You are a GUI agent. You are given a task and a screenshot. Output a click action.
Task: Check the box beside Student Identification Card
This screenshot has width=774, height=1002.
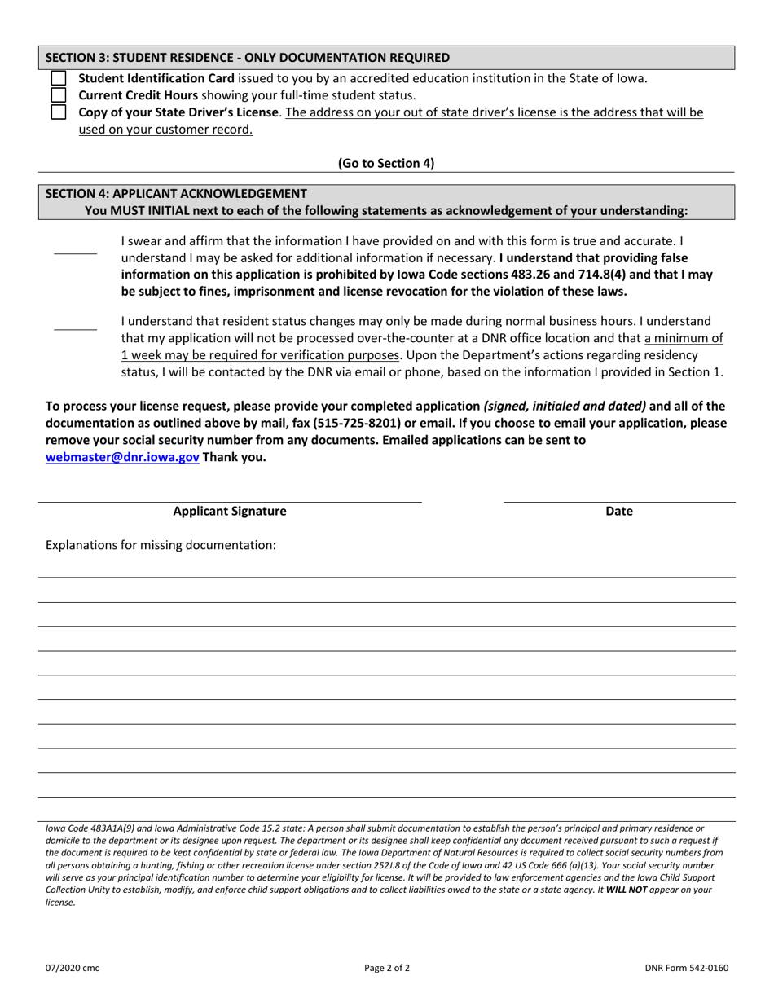pyautogui.click(x=59, y=79)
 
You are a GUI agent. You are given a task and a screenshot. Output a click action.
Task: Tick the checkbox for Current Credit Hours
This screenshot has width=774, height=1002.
pyautogui.click(x=59, y=95)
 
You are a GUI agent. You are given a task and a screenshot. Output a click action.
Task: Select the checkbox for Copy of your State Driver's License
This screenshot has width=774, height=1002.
pyautogui.click(x=59, y=112)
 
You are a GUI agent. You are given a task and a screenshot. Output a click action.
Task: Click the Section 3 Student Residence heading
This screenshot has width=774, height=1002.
pyautogui.click(x=247, y=58)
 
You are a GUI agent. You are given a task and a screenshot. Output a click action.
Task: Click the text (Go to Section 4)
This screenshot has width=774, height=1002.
pyautogui.click(x=386, y=163)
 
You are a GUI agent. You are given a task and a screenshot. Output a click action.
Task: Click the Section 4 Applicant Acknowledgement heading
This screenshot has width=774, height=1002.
pyautogui.click(x=176, y=194)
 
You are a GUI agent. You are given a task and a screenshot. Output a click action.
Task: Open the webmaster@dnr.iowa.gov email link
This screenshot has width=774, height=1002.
pyautogui.click(x=122, y=457)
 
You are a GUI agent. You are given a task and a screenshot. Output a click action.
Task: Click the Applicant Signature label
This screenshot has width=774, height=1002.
pyautogui.click(x=230, y=512)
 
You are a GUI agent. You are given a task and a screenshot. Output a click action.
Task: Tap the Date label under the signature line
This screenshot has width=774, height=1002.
pyautogui.click(x=619, y=512)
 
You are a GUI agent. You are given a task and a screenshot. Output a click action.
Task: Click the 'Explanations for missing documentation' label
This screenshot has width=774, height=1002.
pyautogui.click(x=161, y=545)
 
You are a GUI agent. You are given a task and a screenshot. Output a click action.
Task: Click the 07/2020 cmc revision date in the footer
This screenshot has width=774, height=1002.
pyautogui.click(x=73, y=969)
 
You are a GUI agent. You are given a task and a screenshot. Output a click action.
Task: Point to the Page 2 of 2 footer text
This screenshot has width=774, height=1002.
pyautogui.click(x=387, y=969)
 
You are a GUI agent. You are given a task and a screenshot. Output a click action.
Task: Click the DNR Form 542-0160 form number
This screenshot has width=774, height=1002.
pyautogui.click(x=685, y=969)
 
